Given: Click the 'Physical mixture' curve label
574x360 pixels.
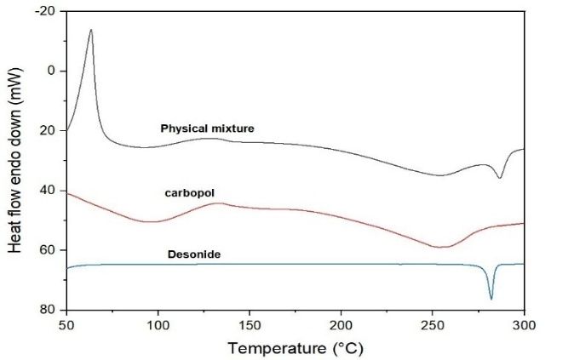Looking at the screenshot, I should coord(208,129).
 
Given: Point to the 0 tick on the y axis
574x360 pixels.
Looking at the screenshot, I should coord(50,71).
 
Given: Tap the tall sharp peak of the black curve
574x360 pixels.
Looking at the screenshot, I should coord(90,30).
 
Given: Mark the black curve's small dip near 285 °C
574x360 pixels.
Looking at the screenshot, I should coord(500,178).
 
